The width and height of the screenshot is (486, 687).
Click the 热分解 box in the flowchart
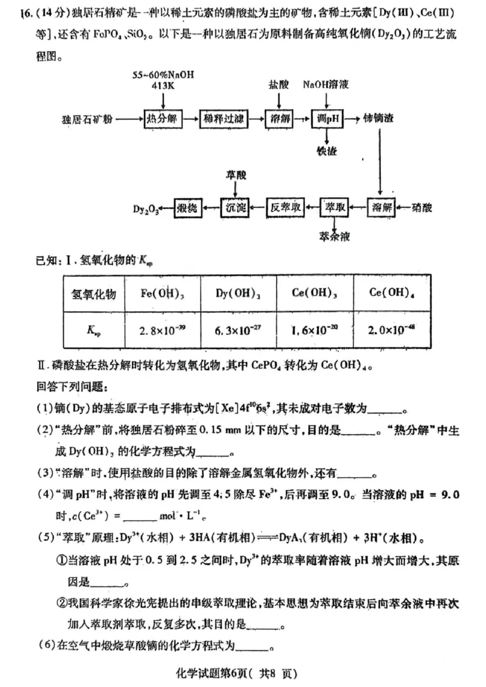(162, 118)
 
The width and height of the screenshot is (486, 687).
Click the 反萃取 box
(286, 208)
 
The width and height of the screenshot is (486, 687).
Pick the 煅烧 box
(187, 208)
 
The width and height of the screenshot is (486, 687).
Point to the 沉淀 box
(235, 208)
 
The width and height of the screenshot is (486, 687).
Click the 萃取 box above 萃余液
(335, 208)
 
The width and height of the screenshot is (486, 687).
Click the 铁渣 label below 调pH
(327, 150)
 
